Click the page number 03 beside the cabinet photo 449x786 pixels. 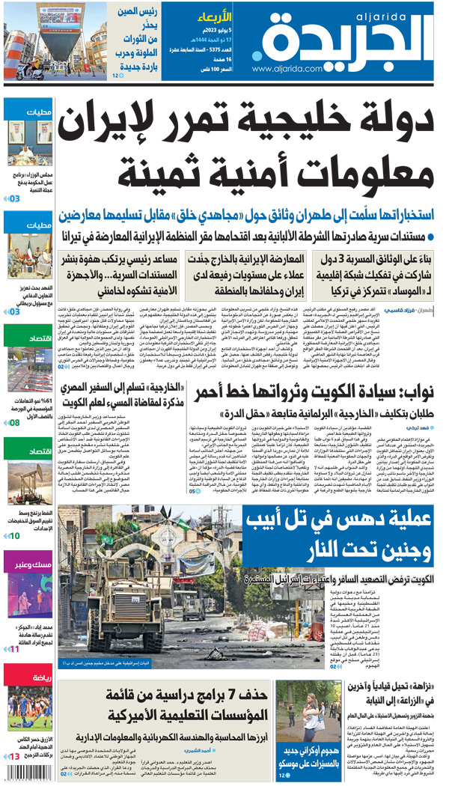(x=14, y=198)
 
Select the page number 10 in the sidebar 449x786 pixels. (x=14, y=535)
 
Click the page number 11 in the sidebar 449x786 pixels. (x=14, y=648)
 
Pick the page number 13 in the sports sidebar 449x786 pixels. (x=14, y=758)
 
